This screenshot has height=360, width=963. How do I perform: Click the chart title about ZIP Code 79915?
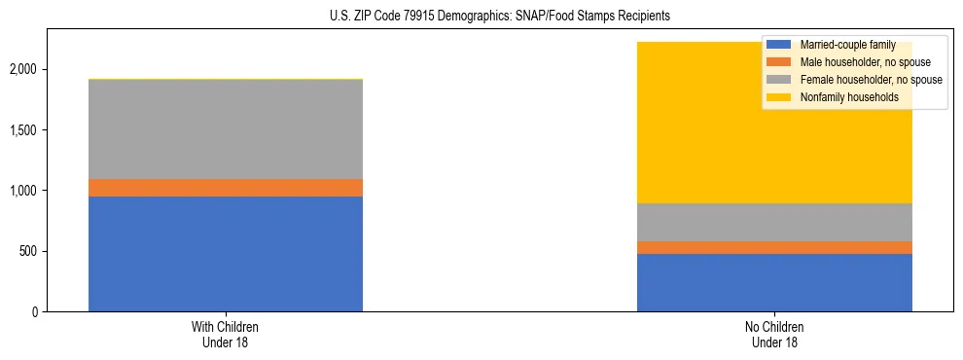[x=481, y=17]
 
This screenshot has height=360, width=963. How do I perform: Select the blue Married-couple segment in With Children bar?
[x=226, y=254]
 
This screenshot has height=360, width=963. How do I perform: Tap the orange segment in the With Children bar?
[x=226, y=188]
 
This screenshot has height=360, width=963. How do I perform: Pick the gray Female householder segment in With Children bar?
[x=226, y=129]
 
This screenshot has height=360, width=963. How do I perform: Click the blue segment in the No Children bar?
[x=774, y=282]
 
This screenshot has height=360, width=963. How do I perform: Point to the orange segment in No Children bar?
[x=774, y=247]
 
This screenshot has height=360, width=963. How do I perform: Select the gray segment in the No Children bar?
[x=774, y=222]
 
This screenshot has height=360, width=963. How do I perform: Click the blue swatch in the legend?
[x=779, y=45]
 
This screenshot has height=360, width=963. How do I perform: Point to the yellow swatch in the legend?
[x=779, y=97]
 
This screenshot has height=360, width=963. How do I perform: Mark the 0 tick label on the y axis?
[x=35, y=312]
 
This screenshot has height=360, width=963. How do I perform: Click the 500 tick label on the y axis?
[x=29, y=252]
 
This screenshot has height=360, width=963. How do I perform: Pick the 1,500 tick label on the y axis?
[x=24, y=130]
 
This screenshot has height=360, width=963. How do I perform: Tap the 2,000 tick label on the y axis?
[x=24, y=70]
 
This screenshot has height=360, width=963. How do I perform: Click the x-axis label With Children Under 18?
[x=226, y=335]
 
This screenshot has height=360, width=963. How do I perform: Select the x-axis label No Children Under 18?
[x=774, y=335]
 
